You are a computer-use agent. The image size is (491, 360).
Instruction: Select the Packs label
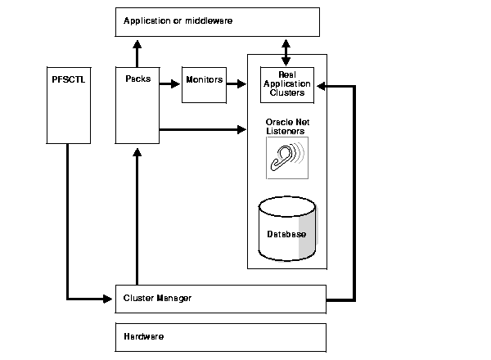click(137, 79)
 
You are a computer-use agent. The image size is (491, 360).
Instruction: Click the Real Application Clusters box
click(286, 83)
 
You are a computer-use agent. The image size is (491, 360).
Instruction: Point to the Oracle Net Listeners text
click(286, 126)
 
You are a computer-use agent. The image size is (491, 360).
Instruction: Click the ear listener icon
click(286, 156)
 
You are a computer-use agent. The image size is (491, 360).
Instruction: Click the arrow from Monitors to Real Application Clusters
click(236, 83)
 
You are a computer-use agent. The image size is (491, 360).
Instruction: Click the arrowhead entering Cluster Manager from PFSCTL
click(109, 299)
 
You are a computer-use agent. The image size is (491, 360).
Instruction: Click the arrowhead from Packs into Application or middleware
click(137, 42)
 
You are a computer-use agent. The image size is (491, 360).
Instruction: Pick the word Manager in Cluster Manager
click(175, 299)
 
